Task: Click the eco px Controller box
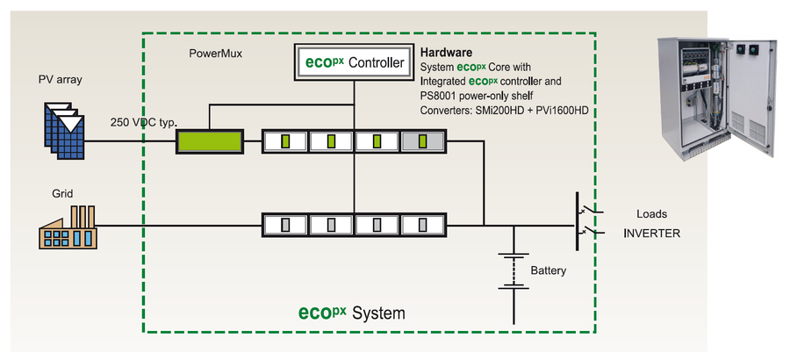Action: coord(353,63)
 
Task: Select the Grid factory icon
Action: coord(67,227)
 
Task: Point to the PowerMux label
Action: coord(216,53)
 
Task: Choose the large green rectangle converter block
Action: coord(211,140)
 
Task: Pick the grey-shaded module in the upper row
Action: coord(423,140)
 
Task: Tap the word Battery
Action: coord(549,270)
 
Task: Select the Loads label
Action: coord(652,213)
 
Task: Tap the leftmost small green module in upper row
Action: coord(284,140)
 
